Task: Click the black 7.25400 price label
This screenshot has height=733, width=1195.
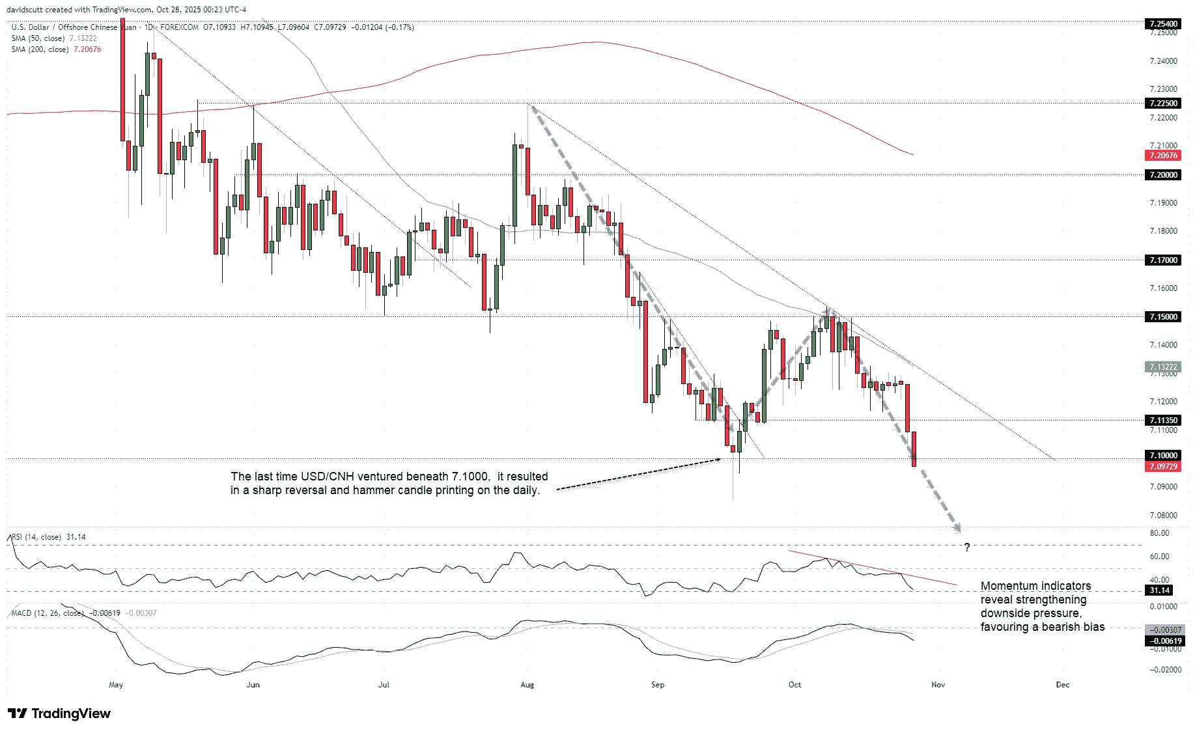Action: (1163, 24)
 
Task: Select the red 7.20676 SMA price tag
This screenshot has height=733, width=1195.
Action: (1163, 156)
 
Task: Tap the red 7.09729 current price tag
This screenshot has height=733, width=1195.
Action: (1163, 467)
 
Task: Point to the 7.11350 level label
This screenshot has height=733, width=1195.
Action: (1163, 421)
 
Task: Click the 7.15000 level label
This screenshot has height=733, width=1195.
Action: (1163, 317)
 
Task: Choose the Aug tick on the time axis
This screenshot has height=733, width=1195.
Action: (527, 685)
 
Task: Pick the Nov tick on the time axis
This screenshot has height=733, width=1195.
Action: (938, 685)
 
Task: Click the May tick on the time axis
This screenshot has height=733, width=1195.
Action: (116, 685)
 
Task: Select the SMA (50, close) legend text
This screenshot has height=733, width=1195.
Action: (38, 38)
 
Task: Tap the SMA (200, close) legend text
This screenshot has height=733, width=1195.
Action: (39, 49)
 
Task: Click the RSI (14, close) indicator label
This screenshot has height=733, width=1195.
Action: (37, 537)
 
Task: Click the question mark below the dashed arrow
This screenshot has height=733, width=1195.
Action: (967, 547)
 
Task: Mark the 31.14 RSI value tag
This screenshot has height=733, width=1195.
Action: (1159, 590)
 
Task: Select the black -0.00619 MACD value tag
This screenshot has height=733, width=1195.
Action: (1163, 641)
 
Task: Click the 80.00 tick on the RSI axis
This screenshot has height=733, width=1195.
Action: (1159, 533)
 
